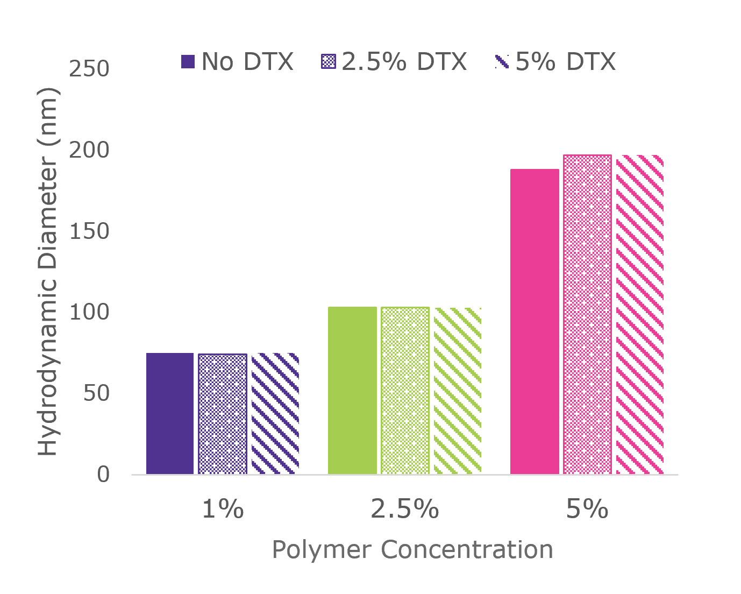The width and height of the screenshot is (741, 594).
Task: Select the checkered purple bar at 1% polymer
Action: click(223, 414)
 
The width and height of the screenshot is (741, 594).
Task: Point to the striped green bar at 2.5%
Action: click(457, 391)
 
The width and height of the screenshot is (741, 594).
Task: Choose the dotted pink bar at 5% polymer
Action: click(587, 314)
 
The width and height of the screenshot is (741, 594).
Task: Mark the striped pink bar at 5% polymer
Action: click(640, 314)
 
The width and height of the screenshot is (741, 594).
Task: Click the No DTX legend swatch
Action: click(188, 61)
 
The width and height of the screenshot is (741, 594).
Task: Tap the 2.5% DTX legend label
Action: click(404, 61)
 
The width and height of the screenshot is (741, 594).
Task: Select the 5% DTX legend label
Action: click(565, 61)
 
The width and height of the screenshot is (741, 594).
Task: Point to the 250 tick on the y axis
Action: click(89, 69)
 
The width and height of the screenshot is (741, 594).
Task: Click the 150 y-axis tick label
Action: click(89, 231)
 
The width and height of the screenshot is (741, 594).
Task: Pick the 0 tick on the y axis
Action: click(103, 475)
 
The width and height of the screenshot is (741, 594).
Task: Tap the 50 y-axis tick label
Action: click(96, 393)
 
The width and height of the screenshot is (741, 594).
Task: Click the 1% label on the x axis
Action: click(223, 508)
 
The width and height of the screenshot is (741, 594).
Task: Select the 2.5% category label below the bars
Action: click(405, 508)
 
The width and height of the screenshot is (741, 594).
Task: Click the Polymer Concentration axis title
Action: click(412, 550)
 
